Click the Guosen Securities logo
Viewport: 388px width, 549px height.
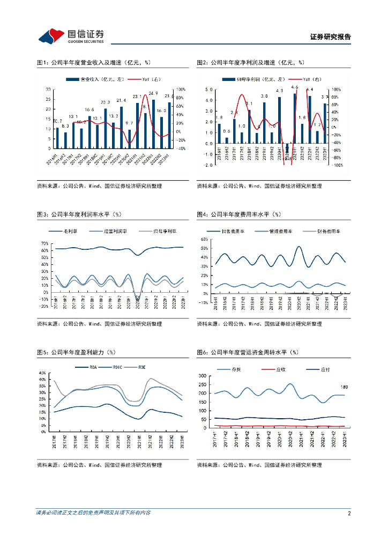(x=71, y=35)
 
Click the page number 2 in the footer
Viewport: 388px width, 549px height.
(x=349, y=513)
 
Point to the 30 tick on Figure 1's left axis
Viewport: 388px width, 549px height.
(x=49, y=89)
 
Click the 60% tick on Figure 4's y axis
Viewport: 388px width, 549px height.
(x=204, y=239)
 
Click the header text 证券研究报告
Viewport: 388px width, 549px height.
(x=331, y=37)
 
